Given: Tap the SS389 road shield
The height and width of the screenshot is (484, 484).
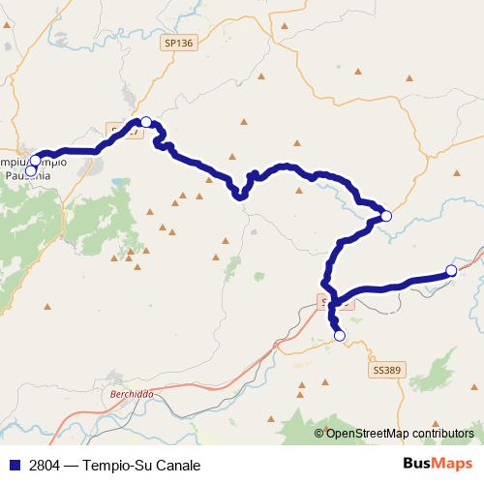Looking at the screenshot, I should coord(385,370).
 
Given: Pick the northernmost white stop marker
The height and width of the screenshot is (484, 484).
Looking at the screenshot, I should coord(145,122).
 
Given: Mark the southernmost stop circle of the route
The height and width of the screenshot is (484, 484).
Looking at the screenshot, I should coord(339,335).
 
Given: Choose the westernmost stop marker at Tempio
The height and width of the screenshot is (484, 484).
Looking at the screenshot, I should coord(30,171).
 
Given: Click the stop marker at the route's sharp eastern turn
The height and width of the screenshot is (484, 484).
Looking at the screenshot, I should coord(385,216).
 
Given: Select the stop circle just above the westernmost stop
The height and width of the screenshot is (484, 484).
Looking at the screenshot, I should coord(36,161).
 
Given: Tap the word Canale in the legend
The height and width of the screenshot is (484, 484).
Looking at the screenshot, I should coord(177,465).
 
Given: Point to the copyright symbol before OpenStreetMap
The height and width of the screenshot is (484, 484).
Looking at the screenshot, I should coord(319,433).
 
